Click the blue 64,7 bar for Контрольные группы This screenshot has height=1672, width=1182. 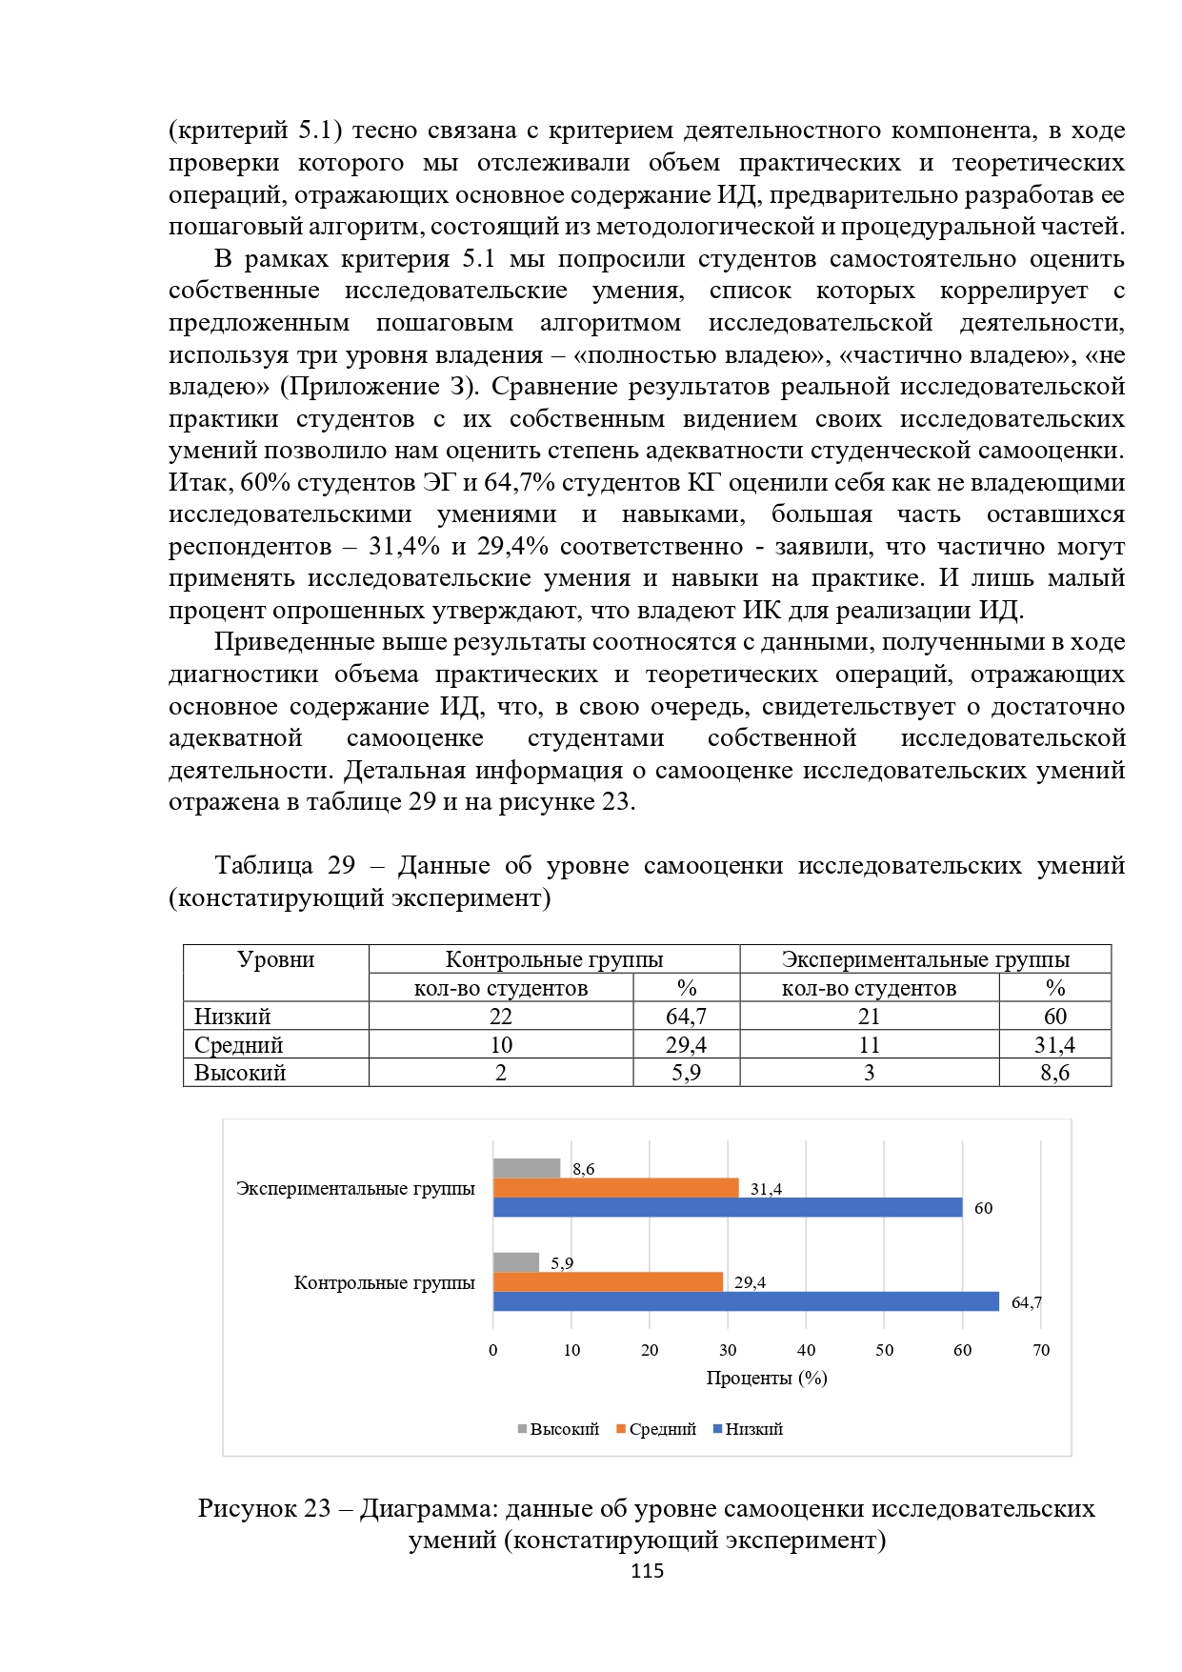click(x=746, y=1301)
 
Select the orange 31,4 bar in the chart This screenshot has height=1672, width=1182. click(x=615, y=1188)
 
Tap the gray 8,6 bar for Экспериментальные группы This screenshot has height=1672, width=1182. click(x=527, y=1168)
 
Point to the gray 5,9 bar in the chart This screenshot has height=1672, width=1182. click(x=516, y=1262)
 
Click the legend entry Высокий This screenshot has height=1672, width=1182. click(x=558, y=1429)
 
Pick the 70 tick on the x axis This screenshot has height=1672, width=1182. click(x=1041, y=1350)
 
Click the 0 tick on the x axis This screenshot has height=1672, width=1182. click(x=493, y=1350)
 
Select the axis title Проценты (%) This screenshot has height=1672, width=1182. click(x=767, y=1378)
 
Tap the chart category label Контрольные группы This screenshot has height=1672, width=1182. click(x=384, y=1282)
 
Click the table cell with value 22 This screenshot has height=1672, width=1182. click(x=501, y=1017)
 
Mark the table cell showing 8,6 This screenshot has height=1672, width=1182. click(x=1054, y=1073)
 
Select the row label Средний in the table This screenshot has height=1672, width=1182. click(x=239, y=1045)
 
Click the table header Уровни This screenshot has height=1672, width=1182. click(x=276, y=959)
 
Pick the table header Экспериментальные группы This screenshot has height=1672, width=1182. click(x=925, y=959)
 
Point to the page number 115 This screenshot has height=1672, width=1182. click(x=648, y=1571)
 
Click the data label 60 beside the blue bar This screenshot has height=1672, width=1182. click(x=983, y=1208)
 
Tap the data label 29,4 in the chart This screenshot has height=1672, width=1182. click(x=750, y=1282)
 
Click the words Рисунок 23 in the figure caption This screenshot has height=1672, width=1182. click(x=264, y=1509)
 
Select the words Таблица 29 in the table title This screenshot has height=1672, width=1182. click(x=285, y=865)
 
